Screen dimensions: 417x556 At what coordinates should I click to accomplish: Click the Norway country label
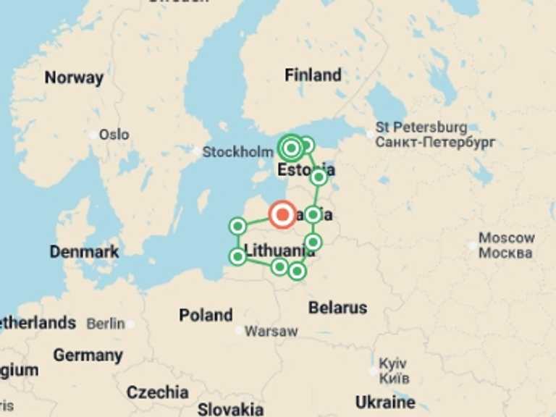point(74,77)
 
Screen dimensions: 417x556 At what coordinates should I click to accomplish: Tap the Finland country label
point(313,75)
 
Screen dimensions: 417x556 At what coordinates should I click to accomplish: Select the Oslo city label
point(114,134)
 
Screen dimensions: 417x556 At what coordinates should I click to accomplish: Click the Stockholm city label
point(237,152)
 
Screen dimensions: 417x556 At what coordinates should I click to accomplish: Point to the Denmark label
point(84,252)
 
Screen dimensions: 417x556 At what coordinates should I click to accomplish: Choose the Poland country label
point(206,315)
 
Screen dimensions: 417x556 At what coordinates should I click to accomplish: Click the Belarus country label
point(337,307)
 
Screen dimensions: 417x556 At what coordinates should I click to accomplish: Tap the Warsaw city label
point(271,332)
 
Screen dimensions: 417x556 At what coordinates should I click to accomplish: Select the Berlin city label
point(106,324)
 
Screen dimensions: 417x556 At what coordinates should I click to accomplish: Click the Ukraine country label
point(385,402)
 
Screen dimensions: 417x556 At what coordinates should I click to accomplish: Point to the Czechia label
point(157,392)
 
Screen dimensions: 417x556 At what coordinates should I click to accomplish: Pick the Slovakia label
point(230,408)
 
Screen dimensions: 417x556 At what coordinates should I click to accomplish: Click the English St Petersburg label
point(421,127)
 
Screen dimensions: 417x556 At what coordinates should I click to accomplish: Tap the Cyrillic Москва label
point(505,253)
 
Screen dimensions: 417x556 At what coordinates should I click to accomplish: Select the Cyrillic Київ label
point(395,379)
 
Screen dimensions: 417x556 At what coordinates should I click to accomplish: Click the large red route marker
point(282,214)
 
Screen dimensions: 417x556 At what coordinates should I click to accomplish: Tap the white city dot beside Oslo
point(93,135)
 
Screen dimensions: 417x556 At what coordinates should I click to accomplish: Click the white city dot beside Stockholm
point(197,151)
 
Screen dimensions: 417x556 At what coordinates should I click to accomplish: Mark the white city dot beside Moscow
point(473,245)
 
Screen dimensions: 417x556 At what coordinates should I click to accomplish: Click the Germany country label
point(88,355)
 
